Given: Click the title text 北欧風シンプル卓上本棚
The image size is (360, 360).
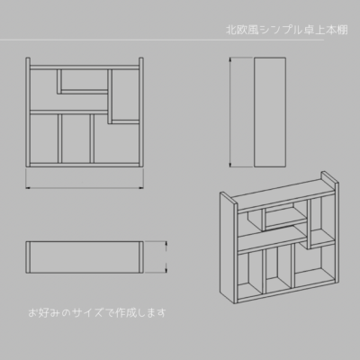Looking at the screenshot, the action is pyautogui.click(x=286, y=30).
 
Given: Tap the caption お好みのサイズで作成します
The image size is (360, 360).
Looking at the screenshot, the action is pyautogui.click(x=97, y=312).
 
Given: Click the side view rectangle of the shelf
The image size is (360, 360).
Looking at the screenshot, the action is pyautogui.click(x=270, y=112).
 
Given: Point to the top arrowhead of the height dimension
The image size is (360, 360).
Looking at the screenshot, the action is pyautogui.click(x=230, y=59).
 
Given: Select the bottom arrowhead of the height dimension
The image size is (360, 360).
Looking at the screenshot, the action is pyautogui.click(x=230, y=165).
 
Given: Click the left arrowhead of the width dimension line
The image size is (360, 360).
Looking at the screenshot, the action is pyautogui.click(x=28, y=188).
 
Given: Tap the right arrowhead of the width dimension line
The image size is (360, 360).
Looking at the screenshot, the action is pyautogui.click(x=141, y=188).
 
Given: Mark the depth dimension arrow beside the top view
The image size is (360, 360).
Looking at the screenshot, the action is pyautogui.click(x=166, y=257).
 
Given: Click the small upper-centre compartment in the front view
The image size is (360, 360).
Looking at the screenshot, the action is pyautogui.click(x=85, y=79).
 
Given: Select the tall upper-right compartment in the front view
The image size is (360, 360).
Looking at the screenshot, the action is pyautogui.click(x=126, y=95).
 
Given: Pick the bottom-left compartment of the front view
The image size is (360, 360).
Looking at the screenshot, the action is pyautogui.click(x=44, y=139).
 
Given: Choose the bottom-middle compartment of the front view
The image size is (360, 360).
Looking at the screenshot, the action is pyautogui.click(x=76, y=139).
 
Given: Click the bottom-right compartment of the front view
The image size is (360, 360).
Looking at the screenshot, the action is pyautogui.click(x=117, y=142).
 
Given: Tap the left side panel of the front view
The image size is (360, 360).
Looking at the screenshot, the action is pyautogui.click(x=28, y=112).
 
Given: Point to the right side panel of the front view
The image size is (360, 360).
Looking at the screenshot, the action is pyautogui.click(x=141, y=112).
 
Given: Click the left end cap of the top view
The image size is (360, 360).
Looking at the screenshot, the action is pyautogui.click(x=28, y=257).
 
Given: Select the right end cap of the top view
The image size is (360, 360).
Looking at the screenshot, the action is pyautogui.click(x=141, y=257).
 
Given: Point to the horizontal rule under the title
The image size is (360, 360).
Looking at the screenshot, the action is pyautogui.click(x=162, y=40).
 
